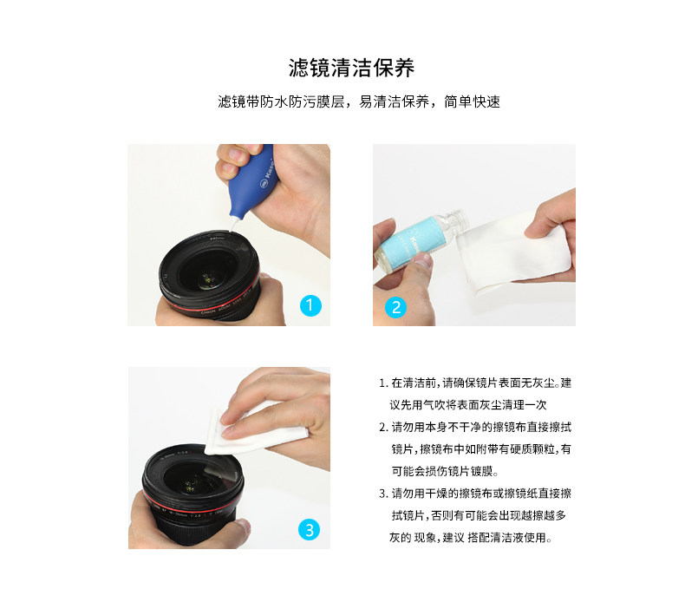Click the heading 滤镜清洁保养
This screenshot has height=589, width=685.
[x=351, y=68]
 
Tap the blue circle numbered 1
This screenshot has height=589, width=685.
[x=310, y=305]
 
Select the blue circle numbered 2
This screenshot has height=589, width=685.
[x=395, y=307]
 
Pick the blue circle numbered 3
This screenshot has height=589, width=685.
[x=310, y=529]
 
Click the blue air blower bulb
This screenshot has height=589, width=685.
[x=252, y=181]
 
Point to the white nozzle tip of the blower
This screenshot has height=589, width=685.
[x=233, y=225]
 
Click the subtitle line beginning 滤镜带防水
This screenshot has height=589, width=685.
[x=359, y=101]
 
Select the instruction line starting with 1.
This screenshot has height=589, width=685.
[x=475, y=383]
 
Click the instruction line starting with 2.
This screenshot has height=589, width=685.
[x=475, y=427]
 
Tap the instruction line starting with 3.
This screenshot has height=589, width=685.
[x=475, y=494]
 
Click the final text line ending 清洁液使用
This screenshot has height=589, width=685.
[x=471, y=538]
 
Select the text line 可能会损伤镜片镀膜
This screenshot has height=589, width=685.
[x=445, y=471]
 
